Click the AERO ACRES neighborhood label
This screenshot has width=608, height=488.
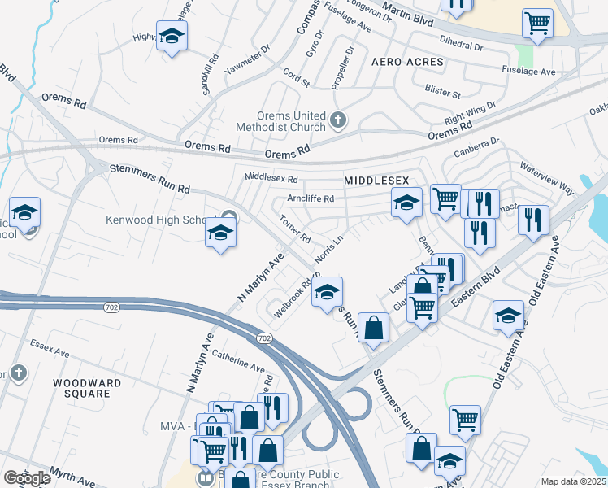[x=407, y=62]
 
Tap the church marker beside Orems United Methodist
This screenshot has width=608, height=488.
[x=339, y=121]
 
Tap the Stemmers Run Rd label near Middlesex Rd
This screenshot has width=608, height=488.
[x=150, y=179]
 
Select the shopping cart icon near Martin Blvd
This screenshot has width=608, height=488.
[x=537, y=24]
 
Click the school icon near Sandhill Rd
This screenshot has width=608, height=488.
[x=172, y=36]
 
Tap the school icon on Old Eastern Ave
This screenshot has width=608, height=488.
[x=508, y=316]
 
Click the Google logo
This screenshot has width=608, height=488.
[x=28, y=478]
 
